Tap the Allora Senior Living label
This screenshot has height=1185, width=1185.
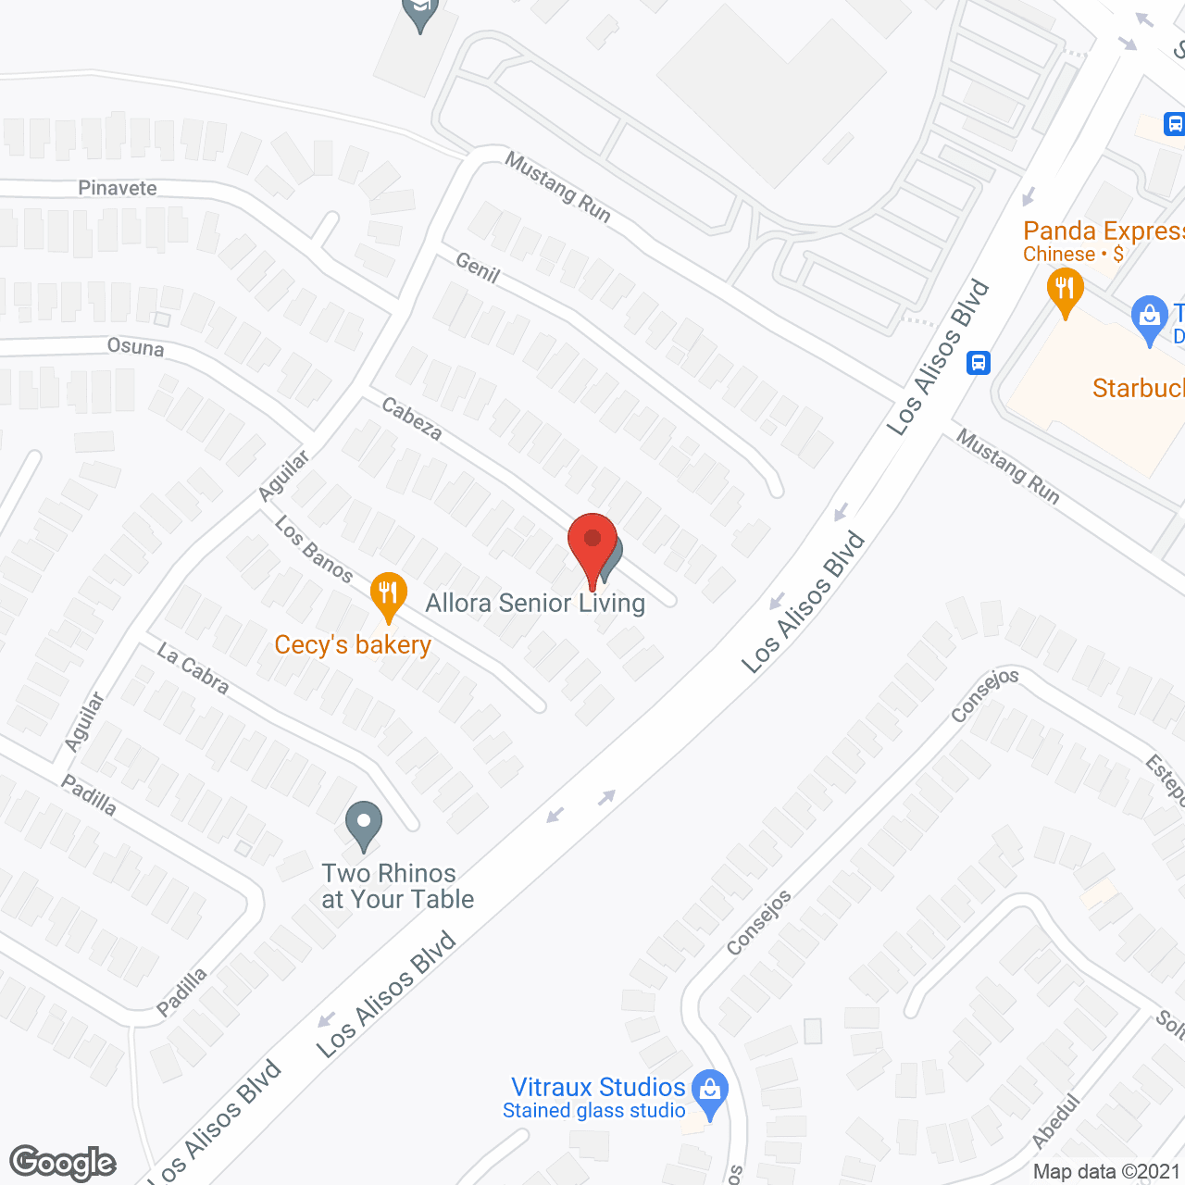535,604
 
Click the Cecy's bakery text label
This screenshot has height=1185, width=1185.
353,644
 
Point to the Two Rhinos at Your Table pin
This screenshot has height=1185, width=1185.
364,824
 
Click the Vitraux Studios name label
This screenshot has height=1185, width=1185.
598,1087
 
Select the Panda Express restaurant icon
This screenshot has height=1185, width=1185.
1065,289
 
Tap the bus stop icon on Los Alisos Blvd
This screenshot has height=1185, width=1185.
979,363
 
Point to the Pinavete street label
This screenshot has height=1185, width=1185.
118,188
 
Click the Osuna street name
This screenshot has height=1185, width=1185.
136,347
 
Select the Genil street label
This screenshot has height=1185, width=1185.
478,268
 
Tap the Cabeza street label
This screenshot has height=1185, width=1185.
412,419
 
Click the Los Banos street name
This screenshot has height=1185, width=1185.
314,550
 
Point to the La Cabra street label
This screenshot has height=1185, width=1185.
193,668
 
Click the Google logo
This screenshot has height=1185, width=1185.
63,1163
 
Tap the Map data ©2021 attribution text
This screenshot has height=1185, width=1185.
1106,1172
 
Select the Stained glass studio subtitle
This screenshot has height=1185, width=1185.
593,1111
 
